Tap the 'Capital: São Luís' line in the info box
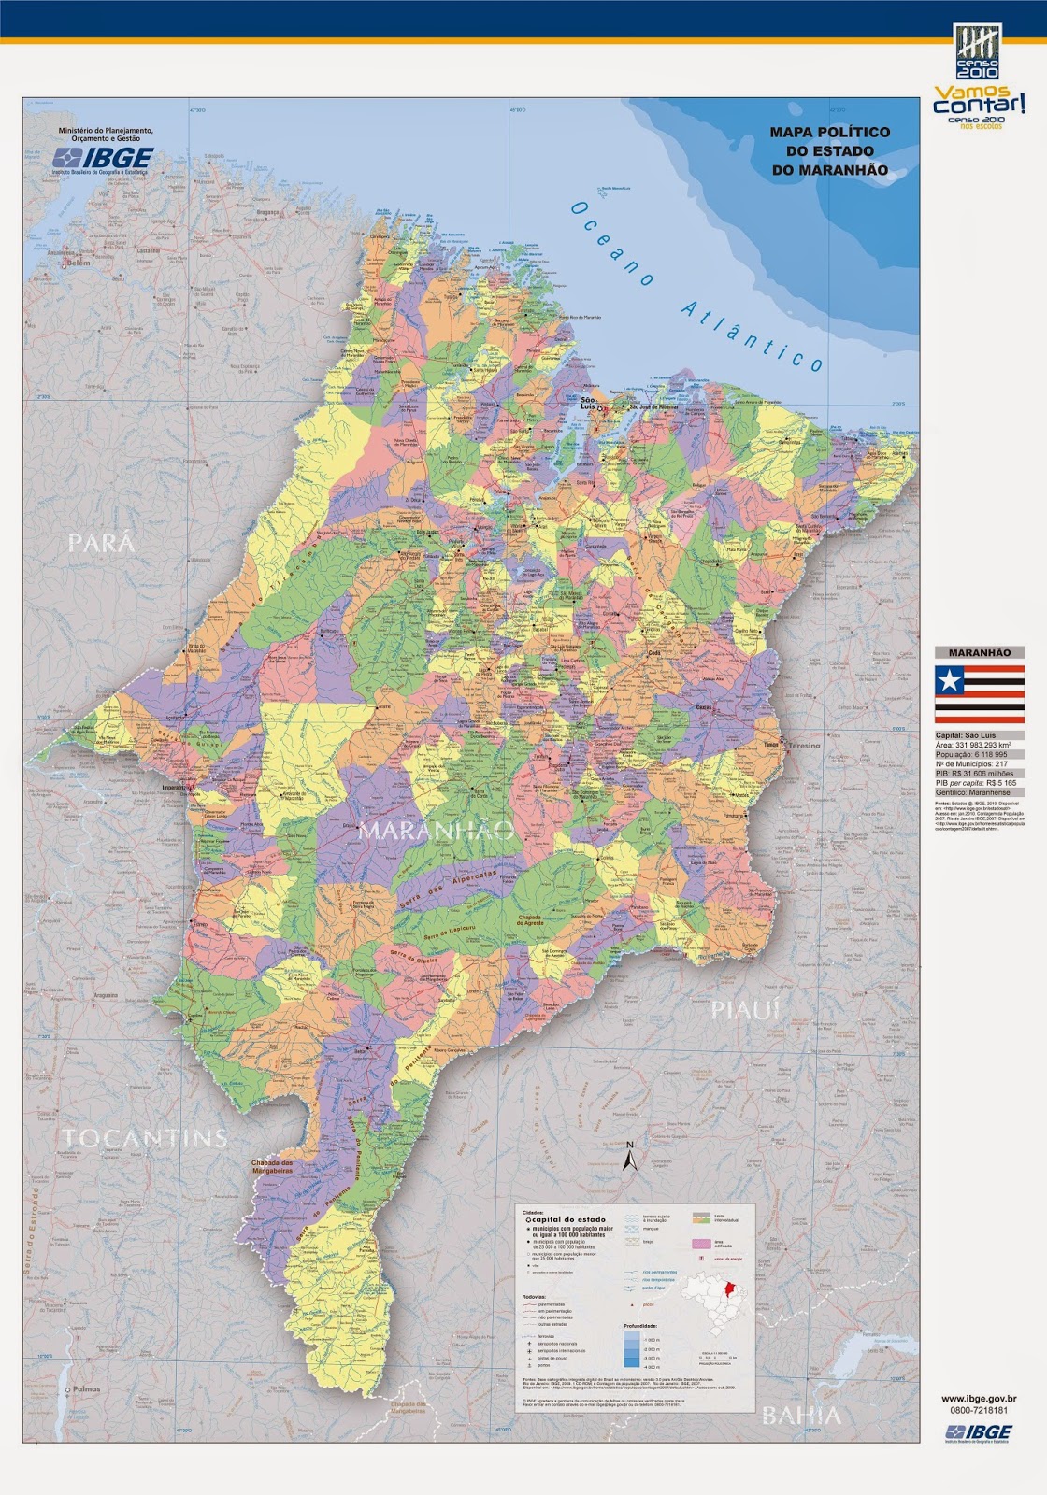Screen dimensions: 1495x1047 pos(966,735)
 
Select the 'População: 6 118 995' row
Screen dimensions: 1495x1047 pos(971,754)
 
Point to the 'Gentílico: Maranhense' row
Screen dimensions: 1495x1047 pos(971,791)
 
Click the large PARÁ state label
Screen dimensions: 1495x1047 pos(101,543)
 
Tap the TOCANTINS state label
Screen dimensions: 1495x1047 pos(144,1137)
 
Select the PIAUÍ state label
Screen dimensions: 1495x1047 pos(745,1010)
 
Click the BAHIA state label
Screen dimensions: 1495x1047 pos(801,1416)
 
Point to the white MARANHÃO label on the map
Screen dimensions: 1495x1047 pos(437,830)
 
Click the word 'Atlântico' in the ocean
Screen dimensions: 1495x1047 pos(753,336)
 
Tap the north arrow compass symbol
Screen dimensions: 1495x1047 pos(630,1158)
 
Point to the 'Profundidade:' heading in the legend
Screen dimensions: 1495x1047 pos(640,1325)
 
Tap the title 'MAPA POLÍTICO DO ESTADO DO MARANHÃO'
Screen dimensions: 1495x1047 pos(829,151)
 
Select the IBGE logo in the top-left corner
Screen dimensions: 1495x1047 pos(103,158)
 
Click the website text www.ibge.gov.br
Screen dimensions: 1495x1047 pos(979,1400)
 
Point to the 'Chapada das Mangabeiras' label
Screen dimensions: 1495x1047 pos(272,1166)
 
